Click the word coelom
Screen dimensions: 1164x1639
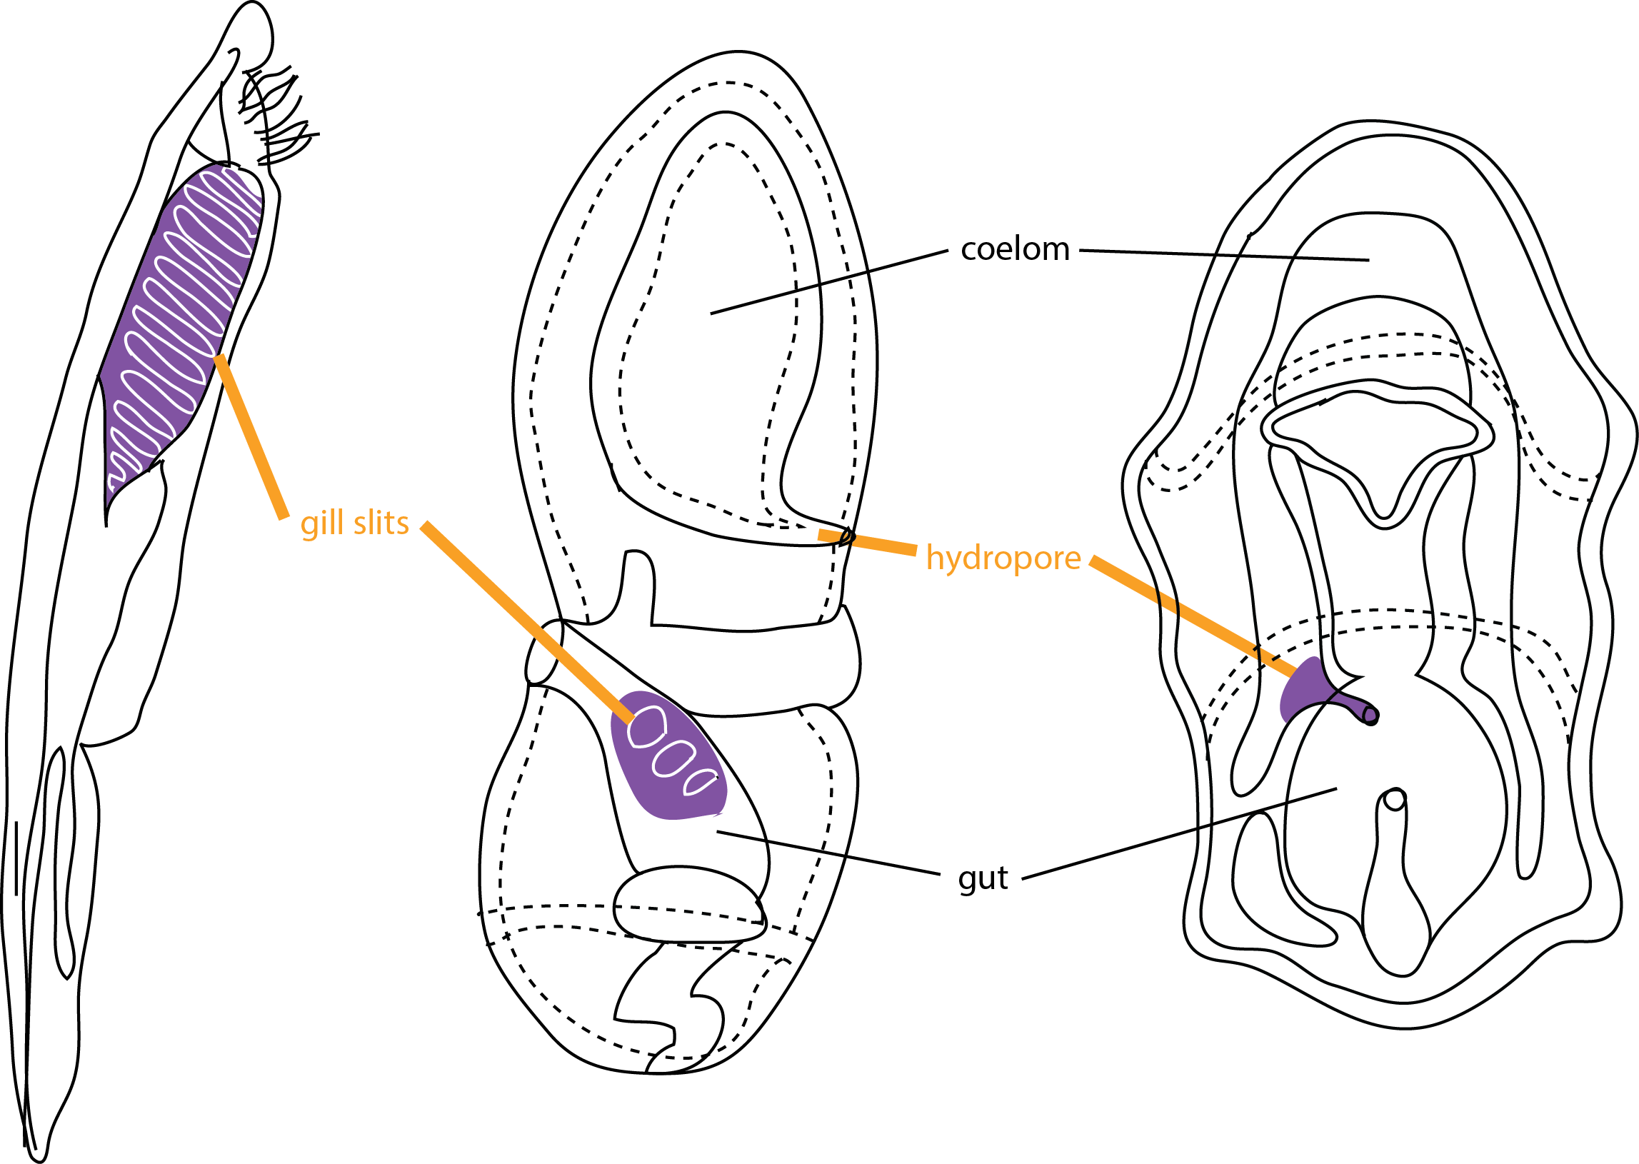pyautogui.click(x=1015, y=250)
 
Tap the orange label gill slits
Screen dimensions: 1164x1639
pyautogui.click(x=355, y=524)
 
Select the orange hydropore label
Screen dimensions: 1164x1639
pyautogui.click(x=1003, y=558)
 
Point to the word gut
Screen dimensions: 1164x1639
pyautogui.click(x=983, y=879)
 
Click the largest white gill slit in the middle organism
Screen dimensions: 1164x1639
pyautogui.click(x=646, y=727)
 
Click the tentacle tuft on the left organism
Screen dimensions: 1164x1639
pyautogui.click(x=276, y=115)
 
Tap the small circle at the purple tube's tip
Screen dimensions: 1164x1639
pyautogui.click(x=1370, y=715)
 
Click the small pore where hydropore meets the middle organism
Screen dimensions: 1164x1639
pyautogui.click(x=848, y=536)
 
